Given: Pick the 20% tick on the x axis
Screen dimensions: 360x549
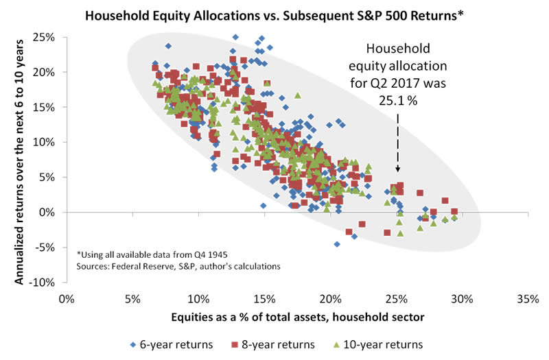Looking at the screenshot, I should coord(331,299).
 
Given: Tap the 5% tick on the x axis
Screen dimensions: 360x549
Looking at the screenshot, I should coord(132,299).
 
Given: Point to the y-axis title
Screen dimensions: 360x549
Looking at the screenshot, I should coord(19,159).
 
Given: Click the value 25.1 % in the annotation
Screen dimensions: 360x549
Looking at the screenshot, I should coord(397,99).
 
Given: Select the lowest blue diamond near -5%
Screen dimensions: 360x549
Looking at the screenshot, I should coord(337,243).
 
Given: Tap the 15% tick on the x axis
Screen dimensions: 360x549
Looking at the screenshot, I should coord(265,299).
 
